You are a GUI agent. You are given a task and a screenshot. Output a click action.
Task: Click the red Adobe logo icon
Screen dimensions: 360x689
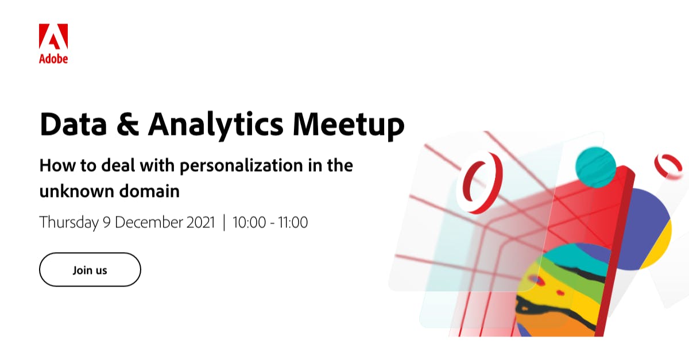[x=53, y=37]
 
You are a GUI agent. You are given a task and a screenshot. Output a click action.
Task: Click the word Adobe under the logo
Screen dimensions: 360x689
[x=53, y=58]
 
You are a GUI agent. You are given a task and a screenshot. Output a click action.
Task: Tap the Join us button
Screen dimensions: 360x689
[x=90, y=270]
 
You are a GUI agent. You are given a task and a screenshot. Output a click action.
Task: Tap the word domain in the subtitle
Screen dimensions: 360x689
[x=151, y=191]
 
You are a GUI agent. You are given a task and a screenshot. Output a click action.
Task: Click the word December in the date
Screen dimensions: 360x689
[x=151, y=222]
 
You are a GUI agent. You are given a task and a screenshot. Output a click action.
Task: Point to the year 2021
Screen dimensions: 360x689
[x=200, y=222]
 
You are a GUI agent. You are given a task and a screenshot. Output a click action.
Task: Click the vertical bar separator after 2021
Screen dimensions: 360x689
[x=224, y=222]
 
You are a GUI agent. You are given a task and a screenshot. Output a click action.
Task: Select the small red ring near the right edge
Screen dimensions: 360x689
[x=668, y=165]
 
